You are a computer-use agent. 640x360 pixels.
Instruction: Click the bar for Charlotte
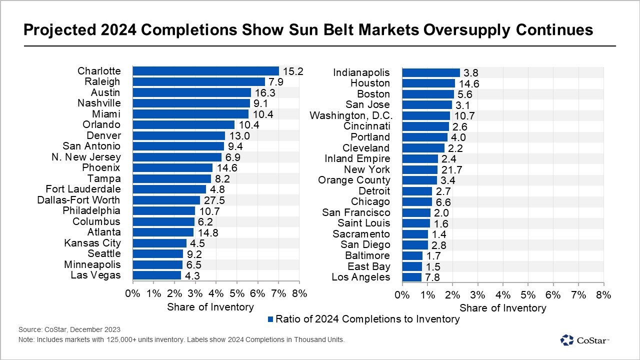(205, 71)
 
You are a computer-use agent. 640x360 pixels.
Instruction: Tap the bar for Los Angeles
(411, 277)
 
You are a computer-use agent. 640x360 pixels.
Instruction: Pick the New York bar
(419, 169)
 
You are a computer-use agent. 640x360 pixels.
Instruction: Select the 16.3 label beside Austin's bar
(265, 92)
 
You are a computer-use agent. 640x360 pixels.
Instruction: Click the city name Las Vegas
(95, 275)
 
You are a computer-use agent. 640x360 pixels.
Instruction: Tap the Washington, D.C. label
(351, 115)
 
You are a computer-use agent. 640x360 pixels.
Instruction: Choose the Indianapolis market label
(361, 72)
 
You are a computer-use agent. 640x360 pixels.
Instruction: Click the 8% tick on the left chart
(299, 294)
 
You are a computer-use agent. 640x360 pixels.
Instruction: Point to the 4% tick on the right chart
(503, 295)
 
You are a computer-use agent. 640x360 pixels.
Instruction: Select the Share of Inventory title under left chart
(210, 307)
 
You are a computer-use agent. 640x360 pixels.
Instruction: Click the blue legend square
(270, 319)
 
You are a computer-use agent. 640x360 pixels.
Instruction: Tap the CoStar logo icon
(567, 340)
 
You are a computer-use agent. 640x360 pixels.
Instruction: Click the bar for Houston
(428, 83)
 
